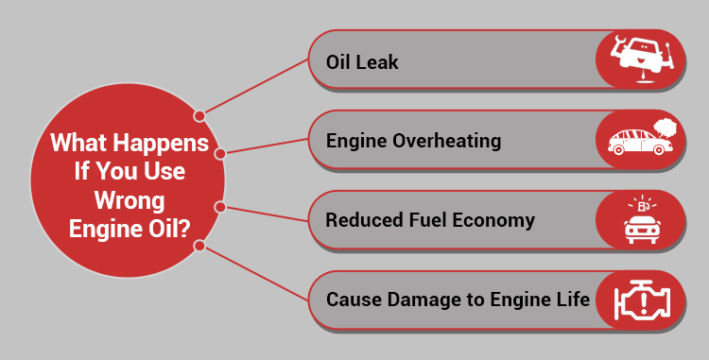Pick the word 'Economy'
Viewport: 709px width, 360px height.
[x=495, y=220]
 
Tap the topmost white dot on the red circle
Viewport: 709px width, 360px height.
[x=199, y=115]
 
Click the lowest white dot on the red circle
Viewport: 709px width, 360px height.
[x=199, y=246]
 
